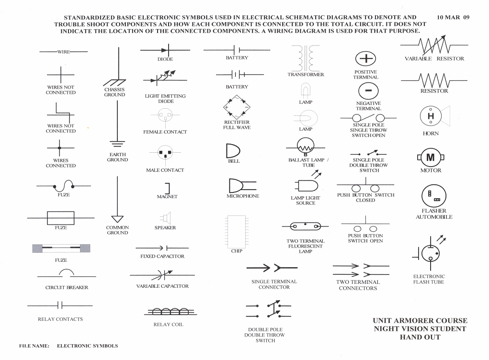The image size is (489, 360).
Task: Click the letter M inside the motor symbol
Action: click(x=431, y=157)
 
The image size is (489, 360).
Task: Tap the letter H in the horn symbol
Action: click(x=431, y=116)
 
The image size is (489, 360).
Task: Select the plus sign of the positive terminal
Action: click(x=366, y=58)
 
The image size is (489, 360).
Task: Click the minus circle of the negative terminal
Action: click(x=368, y=90)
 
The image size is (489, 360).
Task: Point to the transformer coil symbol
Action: click(x=306, y=58)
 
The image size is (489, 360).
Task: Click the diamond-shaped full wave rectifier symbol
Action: click(x=237, y=107)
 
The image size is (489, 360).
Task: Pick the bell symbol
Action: click(x=233, y=151)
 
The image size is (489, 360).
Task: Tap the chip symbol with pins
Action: click(x=237, y=232)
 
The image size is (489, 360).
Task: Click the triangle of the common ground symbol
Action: click(x=117, y=218)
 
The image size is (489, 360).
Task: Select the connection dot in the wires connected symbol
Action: click(x=59, y=148)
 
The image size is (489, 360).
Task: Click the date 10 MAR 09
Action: click(x=453, y=17)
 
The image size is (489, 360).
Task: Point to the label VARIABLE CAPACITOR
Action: click(x=162, y=286)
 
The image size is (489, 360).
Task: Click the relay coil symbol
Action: click(x=171, y=311)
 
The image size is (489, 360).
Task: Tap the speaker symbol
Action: click(x=166, y=218)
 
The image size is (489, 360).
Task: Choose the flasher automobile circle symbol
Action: click(x=434, y=196)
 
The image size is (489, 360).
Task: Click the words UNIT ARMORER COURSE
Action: click(x=420, y=321)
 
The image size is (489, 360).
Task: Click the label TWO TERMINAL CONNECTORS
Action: click(x=358, y=285)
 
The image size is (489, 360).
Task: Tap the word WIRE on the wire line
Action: click(x=64, y=52)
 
